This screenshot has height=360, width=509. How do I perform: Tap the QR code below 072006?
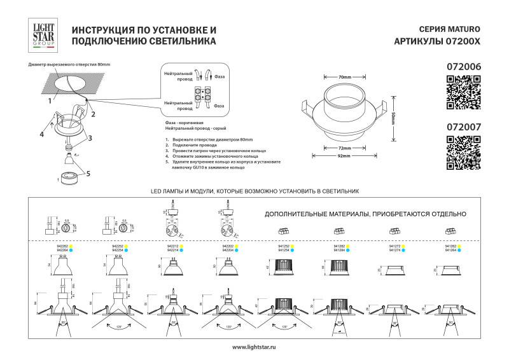462,92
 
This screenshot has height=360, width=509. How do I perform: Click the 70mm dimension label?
345,77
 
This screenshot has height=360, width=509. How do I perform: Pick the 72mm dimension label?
345,148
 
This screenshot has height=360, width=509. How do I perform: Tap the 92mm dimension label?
344,156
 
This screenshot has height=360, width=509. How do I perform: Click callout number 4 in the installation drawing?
41,134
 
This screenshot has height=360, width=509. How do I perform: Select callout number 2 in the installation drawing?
93,115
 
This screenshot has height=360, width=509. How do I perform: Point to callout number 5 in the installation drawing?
88,173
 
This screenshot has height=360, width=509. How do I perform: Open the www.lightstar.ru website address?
254,347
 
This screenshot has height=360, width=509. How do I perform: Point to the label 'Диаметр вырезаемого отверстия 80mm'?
69,65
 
